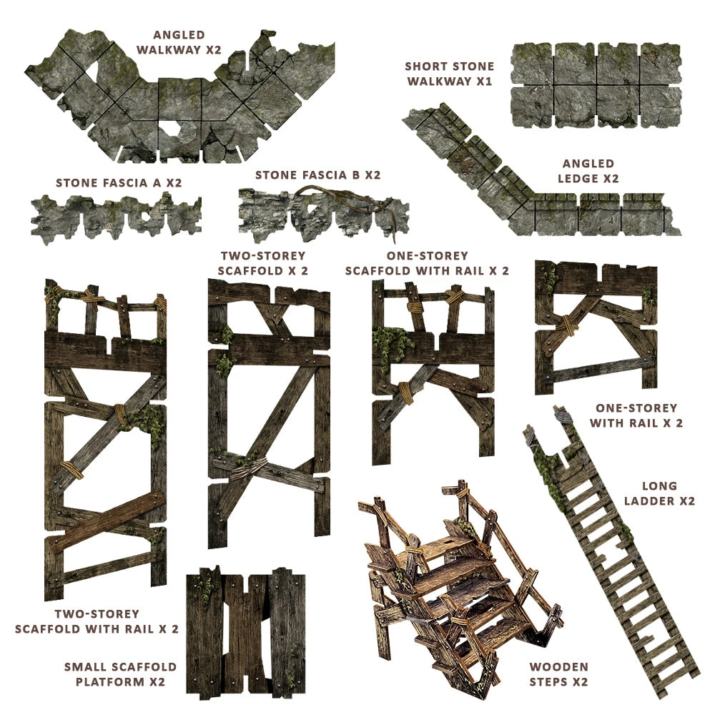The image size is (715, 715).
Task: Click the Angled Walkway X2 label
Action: (x=179, y=41)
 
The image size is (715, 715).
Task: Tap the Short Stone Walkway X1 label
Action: (x=450, y=74)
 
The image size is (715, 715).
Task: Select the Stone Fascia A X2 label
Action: (x=119, y=182)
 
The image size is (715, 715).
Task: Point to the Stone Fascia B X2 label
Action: (x=317, y=174)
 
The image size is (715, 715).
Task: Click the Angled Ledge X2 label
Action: (x=588, y=171)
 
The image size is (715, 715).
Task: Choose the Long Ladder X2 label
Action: (x=659, y=493)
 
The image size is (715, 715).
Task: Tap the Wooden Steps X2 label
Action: (x=558, y=674)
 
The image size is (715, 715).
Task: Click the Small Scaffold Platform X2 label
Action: (x=120, y=674)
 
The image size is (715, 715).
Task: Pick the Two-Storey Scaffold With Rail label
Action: (x=97, y=621)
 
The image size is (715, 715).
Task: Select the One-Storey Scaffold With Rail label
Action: (x=427, y=263)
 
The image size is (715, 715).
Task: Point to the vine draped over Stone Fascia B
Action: (x=336, y=193)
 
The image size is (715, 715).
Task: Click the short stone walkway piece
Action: (x=596, y=85)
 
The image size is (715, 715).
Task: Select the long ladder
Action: (x=611, y=551)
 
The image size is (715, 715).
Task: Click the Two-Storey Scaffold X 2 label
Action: (x=263, y=263)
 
